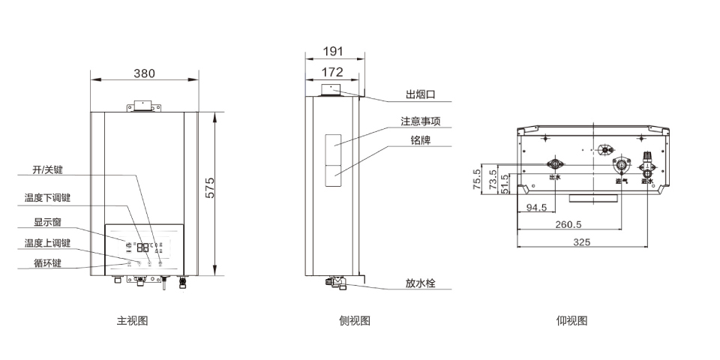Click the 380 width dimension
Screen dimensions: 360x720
(145, 73)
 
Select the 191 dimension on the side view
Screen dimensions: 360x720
(332, 52)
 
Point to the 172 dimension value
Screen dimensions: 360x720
(332, 72)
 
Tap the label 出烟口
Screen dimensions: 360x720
(420, 95)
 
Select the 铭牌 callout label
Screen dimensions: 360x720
(420, 140)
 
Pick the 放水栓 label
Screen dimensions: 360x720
(420, 283)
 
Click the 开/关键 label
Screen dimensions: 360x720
(48, 170)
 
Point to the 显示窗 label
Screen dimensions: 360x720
(47, 222)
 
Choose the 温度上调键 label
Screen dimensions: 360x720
(46, 243)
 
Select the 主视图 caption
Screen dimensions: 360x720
(132, 321)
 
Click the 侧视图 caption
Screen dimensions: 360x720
(355, 321)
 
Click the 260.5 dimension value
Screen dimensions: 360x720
(568, 224)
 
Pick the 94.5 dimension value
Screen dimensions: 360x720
(536, 208)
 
